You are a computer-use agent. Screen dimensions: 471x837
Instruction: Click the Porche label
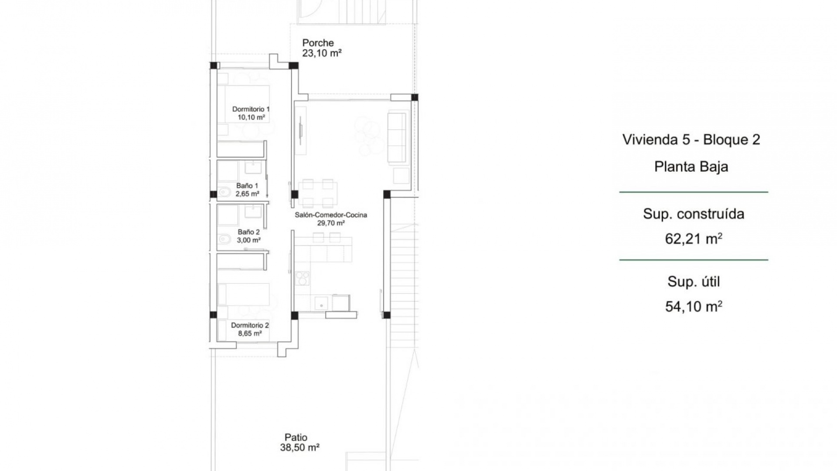tap(318, 43)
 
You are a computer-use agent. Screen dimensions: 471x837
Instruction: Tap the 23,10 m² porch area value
tap(322, 53)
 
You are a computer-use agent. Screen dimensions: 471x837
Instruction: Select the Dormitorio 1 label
tap(251, 109)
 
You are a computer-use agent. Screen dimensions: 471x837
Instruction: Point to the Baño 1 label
tap(247, 186)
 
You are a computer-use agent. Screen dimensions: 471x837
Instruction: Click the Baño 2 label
tap(248, 232)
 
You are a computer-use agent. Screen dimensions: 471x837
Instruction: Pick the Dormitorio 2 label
tap(250, 325)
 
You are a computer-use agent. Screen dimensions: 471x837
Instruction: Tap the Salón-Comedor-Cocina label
tap(331, 215)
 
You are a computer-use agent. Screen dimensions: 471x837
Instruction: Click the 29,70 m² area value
tap(331, 223)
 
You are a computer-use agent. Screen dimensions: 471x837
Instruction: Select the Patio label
tap(296, 437)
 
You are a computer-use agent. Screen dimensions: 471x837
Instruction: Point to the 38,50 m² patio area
tap(299, 447)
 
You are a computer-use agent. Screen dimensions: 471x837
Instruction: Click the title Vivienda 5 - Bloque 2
tap(691, 140)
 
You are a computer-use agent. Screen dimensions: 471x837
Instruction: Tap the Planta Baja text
tap(691, 167)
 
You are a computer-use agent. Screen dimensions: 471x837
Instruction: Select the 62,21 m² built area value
tap(694, 239)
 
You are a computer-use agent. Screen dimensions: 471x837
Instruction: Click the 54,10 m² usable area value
tap(694, 307)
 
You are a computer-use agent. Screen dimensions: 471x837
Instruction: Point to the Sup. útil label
tap(694, 282)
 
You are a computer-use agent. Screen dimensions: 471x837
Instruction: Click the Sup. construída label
tap(694, 214)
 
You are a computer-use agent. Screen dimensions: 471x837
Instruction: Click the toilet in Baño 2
tap(224, 239)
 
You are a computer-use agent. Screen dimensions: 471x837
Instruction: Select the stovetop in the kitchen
tap(302, 278)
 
